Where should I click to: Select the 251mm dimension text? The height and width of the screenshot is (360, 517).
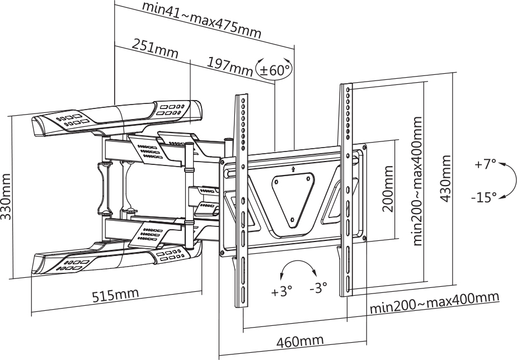155,49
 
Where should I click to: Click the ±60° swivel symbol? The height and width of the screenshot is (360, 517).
274,69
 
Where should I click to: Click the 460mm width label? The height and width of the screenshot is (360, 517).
300,341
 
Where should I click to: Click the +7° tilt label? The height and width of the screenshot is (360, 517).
485,165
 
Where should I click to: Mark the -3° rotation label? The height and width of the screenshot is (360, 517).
318,288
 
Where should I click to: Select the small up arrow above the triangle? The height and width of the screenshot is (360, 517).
294,167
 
